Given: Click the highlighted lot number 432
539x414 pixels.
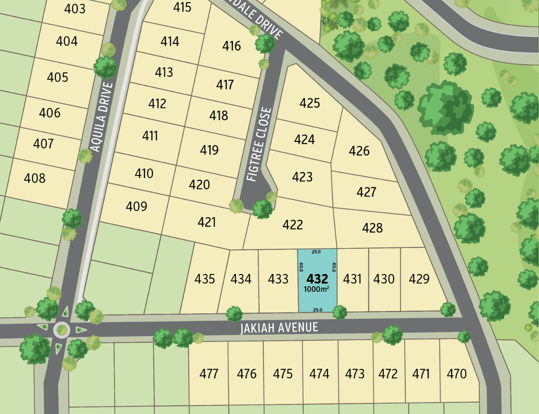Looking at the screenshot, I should coord(317,278).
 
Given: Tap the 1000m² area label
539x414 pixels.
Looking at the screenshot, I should coord(316,289).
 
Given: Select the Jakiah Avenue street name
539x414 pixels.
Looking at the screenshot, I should coord(279,328).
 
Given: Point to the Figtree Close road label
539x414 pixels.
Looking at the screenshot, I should coord(259,144).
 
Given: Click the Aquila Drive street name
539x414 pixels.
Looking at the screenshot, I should coord(102,117).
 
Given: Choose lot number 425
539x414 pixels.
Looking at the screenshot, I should coord(310,103).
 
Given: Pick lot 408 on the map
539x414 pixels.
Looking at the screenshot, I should coord(34,178).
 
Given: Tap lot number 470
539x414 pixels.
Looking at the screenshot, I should coord(456,374).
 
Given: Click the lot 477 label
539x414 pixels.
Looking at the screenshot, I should coord(209,374).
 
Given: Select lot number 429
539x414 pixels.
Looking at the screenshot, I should coord(419,279).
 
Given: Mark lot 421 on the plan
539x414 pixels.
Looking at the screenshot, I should coord(207,222).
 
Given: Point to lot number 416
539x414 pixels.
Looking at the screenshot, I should coord(231,46).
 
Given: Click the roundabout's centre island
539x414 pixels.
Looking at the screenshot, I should coord(62,330).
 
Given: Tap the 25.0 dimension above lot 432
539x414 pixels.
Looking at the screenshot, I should coord(316,252).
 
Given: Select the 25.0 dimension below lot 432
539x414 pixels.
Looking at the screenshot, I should coord(317,310).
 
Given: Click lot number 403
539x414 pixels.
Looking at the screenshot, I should coord(75,8).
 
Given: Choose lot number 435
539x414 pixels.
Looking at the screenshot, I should coord(205,279).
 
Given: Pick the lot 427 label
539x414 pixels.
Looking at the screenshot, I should coord(366,192).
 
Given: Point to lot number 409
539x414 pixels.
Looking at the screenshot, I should coord(136,206).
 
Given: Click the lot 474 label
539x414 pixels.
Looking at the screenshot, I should coord(319,374).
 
